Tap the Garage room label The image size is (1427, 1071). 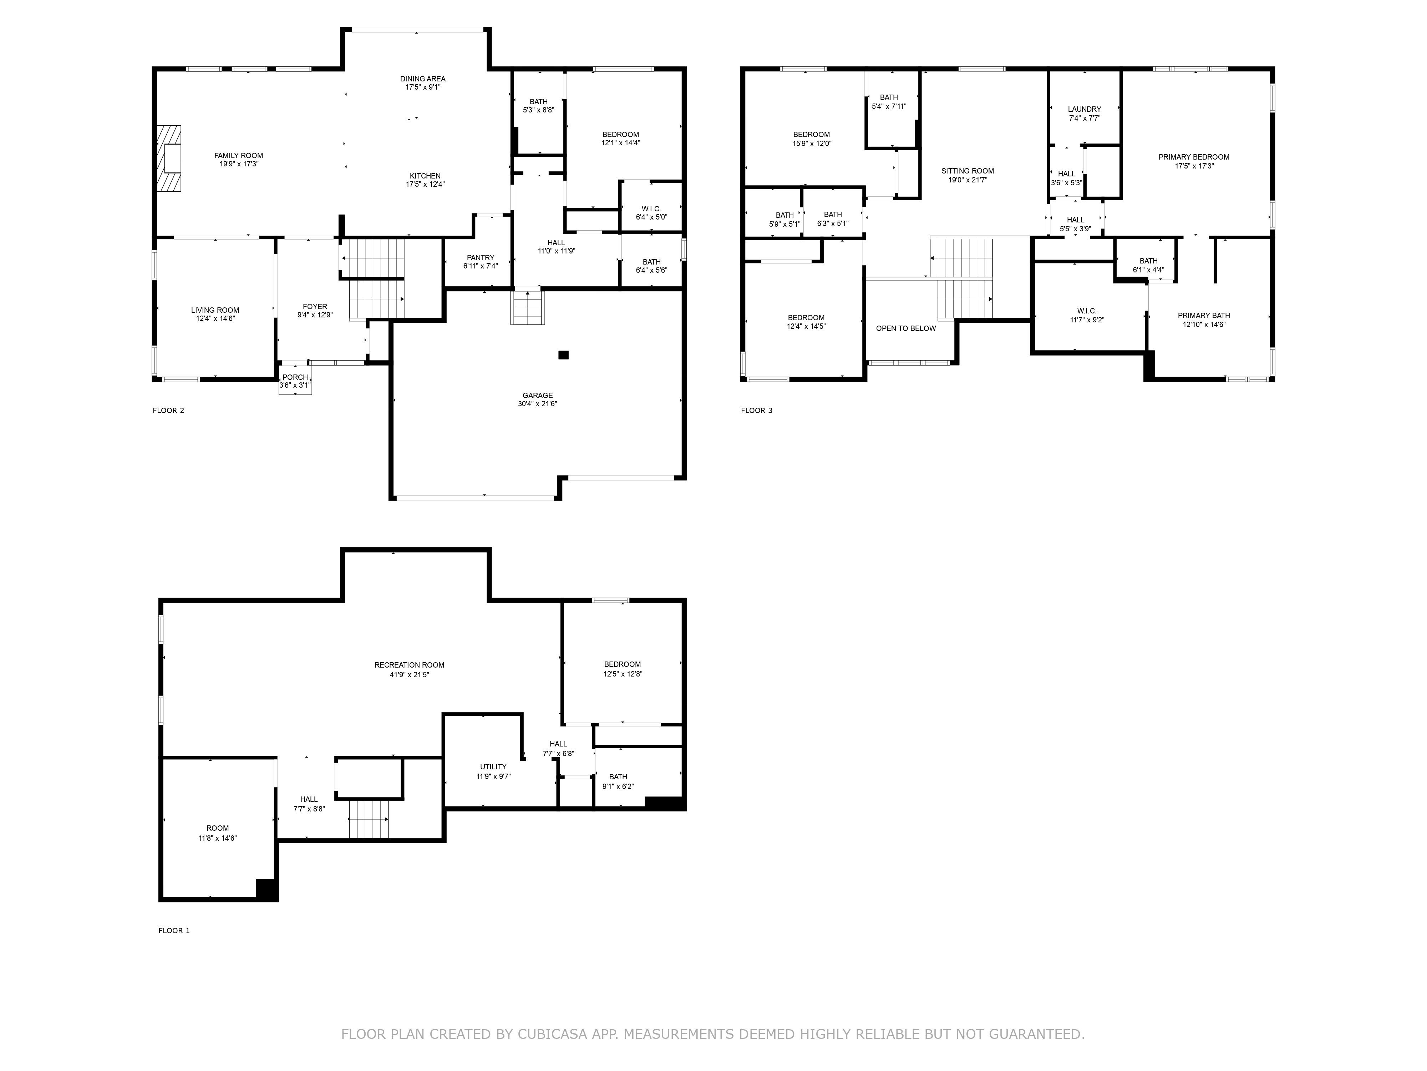click(x=537, y=396)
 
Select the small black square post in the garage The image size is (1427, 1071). click(x=563, y=355)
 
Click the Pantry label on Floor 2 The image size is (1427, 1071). click(x=481, y=258)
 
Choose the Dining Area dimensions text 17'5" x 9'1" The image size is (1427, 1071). click(x=422, y=87)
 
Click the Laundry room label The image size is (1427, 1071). click(x=1085, y=109)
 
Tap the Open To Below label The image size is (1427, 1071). click(x=906, y=328)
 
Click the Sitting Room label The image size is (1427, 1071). click(x=968, y=171)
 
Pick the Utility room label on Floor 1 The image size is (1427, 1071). click(x=493, y=767)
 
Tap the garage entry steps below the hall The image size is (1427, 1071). click(x=528, y=307)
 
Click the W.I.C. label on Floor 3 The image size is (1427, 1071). click(x=1087, y=311)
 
